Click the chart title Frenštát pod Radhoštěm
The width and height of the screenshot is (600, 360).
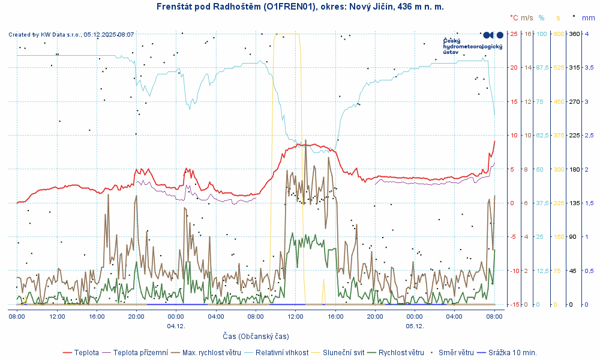[299, 6]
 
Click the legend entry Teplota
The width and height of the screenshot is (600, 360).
[87, 352]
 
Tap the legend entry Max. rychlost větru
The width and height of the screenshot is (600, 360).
[211, 352]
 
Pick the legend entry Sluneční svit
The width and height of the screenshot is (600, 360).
[344, 352]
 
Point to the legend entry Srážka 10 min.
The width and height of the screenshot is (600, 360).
[512, 352]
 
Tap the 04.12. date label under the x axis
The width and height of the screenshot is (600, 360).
[176, 326]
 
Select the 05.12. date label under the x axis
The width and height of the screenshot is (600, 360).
[415, 326]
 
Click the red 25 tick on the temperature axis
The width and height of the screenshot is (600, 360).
[514, 34]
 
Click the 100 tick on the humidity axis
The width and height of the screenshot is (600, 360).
[542, 34]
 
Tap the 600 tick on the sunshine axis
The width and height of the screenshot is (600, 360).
[559, 34]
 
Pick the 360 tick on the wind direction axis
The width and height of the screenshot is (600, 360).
[574, 34]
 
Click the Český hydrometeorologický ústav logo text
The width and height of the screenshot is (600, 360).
[472, 46]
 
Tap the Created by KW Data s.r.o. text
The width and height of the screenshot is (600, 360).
[71, 35]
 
